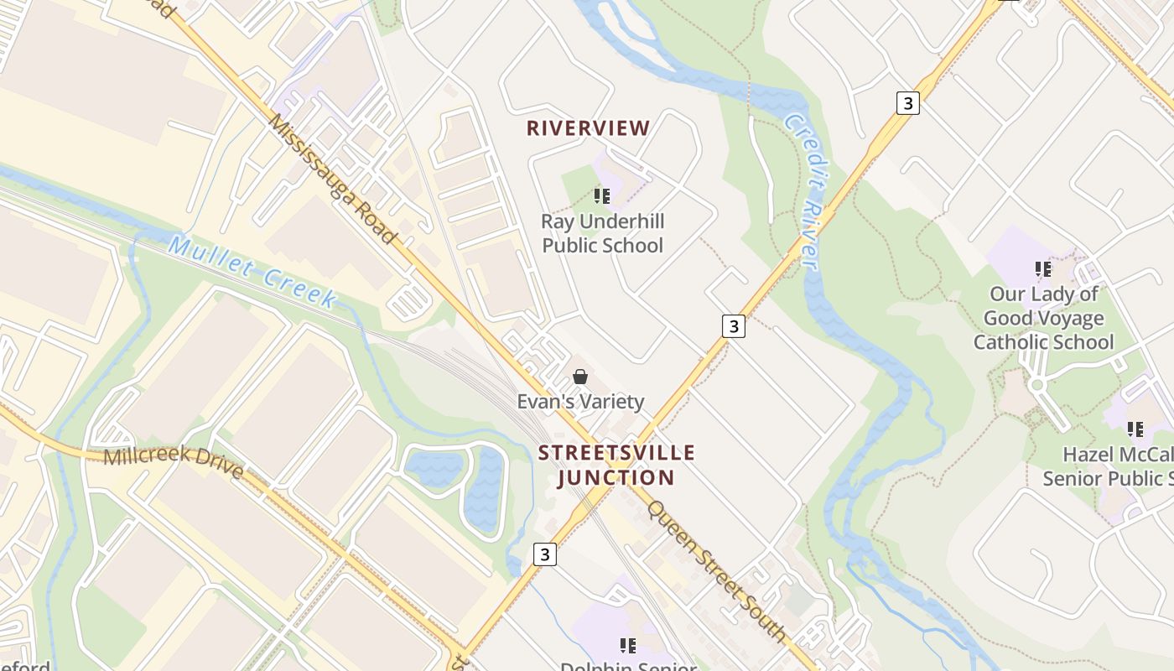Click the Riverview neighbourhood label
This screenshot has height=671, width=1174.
click(588, 128)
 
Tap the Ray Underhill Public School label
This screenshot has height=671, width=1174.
click(602, 233)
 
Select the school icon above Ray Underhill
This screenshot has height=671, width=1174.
click(601, 196)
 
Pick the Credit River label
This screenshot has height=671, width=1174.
click(801, 191)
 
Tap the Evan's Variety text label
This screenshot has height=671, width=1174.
click(580, 402)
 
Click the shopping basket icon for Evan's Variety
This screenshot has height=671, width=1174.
click(579, 377)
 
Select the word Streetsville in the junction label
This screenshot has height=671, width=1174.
click(616, 453)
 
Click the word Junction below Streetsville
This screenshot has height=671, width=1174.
click(616, 478)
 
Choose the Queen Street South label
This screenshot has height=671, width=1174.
click(716, 571)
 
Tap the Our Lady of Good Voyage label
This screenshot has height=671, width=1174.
click(1043, 306)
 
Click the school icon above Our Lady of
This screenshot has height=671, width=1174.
click(1043, 269)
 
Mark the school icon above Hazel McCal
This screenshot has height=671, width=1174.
click(1135, 429)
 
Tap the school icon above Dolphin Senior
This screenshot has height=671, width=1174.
click(628, 645)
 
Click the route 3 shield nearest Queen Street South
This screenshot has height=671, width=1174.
click(545, 554)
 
